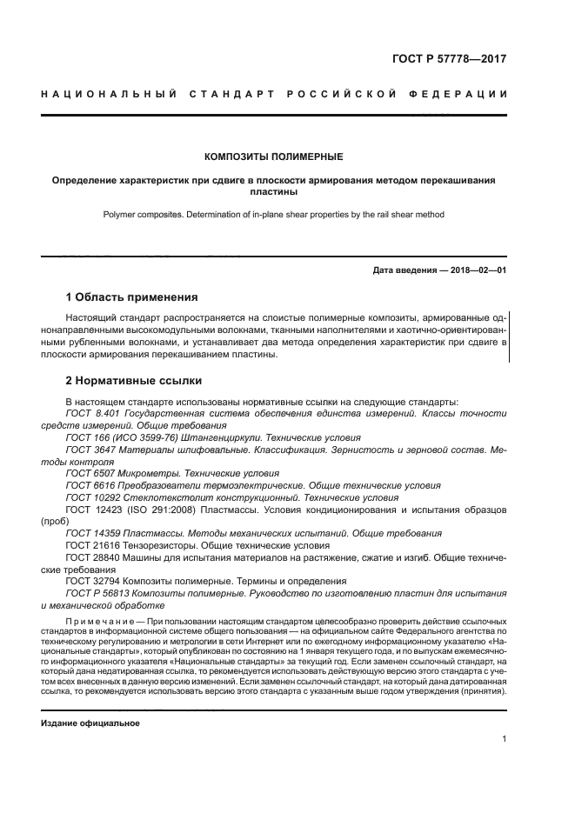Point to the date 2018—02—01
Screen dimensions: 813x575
[475, 270]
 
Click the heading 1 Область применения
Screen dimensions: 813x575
[131, 297]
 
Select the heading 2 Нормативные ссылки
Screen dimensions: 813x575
[134, 381]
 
